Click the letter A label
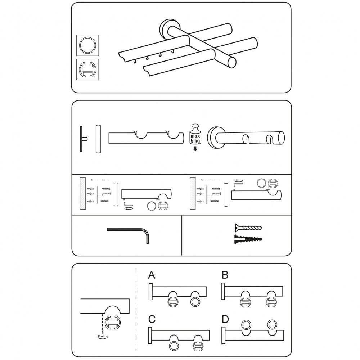pyautogui.click(x=152, y=275)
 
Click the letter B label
pyautogui.click(x=225, y=275)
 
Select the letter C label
pyautogui.click(x=152, y=319)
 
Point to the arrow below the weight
pyautogui.click(x=195, y=149)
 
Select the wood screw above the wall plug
pyautogui.click(x=248, y=228)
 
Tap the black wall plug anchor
pyautogui.click(x=248, y=239)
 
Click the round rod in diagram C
pyautogui.click(x=172, y=346)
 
